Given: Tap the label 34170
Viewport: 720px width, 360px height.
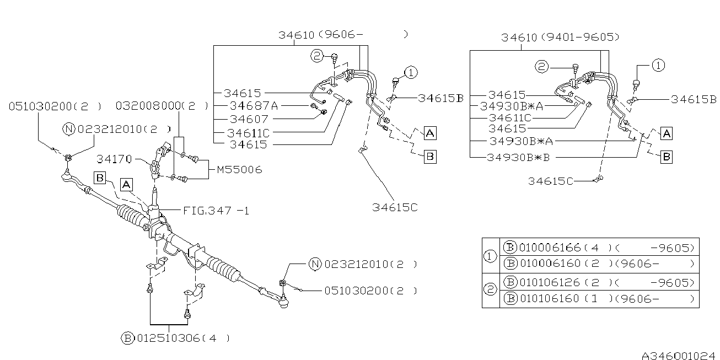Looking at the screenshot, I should [114, 159].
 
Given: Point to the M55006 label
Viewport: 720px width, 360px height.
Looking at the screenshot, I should [239, 170].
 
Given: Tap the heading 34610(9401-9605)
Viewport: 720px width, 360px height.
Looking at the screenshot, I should [560, 37].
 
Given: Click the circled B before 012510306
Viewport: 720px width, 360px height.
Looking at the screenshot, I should [127, 338].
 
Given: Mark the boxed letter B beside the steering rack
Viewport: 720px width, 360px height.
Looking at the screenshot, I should [100, 178].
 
